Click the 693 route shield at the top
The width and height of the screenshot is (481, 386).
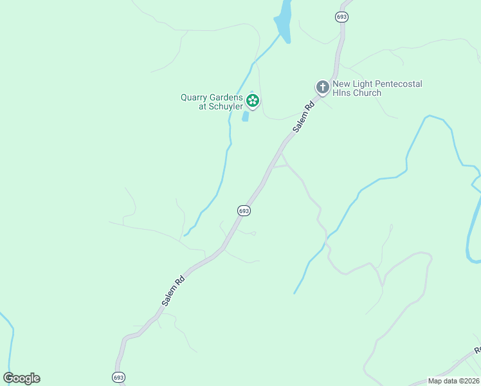[342, 17]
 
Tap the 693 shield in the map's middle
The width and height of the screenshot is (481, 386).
[243, 210]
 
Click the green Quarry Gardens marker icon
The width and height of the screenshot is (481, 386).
[253, 100]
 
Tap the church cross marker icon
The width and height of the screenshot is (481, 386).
[322, 87]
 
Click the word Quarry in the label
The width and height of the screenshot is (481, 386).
[193, 98]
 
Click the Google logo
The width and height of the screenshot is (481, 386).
[21, 378]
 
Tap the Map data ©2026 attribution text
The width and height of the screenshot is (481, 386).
[453, 381]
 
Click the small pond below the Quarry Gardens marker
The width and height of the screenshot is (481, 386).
[245, 116]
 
